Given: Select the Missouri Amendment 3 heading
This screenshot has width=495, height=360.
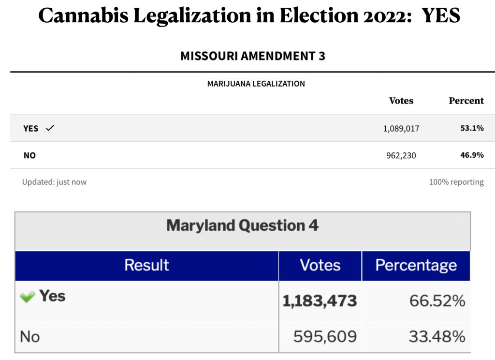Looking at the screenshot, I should [x=252, y=56].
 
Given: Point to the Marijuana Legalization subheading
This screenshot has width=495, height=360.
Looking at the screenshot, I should [x=256, y=84].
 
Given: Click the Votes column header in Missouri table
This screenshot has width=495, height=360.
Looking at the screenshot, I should [x=401, y=101].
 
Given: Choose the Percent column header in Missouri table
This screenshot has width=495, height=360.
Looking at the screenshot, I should [x=466, y=101].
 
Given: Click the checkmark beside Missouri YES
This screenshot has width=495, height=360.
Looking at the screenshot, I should [x=50, y=128].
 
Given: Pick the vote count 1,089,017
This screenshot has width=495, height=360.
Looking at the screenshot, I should [x=401, y=129].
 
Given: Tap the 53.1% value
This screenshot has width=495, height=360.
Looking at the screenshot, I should [x=472, y=128].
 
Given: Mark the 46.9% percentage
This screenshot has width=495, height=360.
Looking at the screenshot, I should [x=472, y=155].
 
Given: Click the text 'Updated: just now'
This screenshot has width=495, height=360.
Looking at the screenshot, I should [x=54, y=182].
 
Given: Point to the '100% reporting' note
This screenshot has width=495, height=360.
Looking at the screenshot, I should [x=456, y=182].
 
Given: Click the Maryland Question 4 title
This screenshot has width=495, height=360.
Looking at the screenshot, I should [x=242, y=225].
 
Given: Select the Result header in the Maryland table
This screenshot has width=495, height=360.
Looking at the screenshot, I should [x=146, y=265].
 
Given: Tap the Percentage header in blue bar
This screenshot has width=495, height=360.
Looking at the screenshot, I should [x=416, y=265].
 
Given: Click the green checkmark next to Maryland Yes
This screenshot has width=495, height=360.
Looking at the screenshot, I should [x=27, y=297].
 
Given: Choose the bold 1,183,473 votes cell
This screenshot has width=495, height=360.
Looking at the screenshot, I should [x=320, y=300].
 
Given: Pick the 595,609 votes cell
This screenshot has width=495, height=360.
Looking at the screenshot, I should [x=325, y=336].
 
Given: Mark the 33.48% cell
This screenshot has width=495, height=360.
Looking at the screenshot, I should [x=437, y=336].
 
